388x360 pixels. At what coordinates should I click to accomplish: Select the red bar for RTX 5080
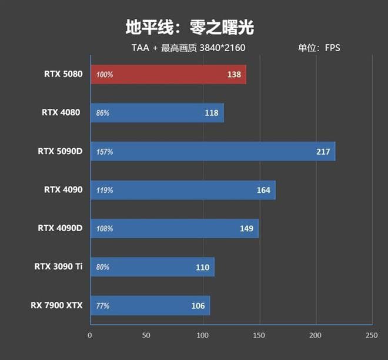[168, 75]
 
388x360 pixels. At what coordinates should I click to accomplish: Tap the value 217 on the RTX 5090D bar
[323, 152]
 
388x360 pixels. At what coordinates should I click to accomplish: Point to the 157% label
[105, 152]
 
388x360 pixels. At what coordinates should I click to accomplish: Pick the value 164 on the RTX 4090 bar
[263, 190]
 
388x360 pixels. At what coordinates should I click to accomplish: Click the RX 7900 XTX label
[57, 305]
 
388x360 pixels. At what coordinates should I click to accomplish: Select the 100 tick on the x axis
[203, 335]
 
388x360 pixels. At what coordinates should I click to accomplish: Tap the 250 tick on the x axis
[371, 335]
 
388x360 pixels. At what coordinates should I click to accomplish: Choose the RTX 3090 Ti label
[58, 267]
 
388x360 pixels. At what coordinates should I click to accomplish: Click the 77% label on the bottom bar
[103, 306]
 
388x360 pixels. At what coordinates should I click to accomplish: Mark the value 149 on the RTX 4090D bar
[247, 228]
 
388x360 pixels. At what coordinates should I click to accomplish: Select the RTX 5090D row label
[61, 151]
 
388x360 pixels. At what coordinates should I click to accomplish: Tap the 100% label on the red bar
[105, 75]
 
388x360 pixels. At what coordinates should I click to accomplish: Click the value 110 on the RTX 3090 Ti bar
[202, 267]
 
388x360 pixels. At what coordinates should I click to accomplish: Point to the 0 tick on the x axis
[90, 335]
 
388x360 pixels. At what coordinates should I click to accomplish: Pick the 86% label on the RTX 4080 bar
[103, 113]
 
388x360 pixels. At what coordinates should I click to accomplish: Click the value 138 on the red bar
[234, 75]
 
